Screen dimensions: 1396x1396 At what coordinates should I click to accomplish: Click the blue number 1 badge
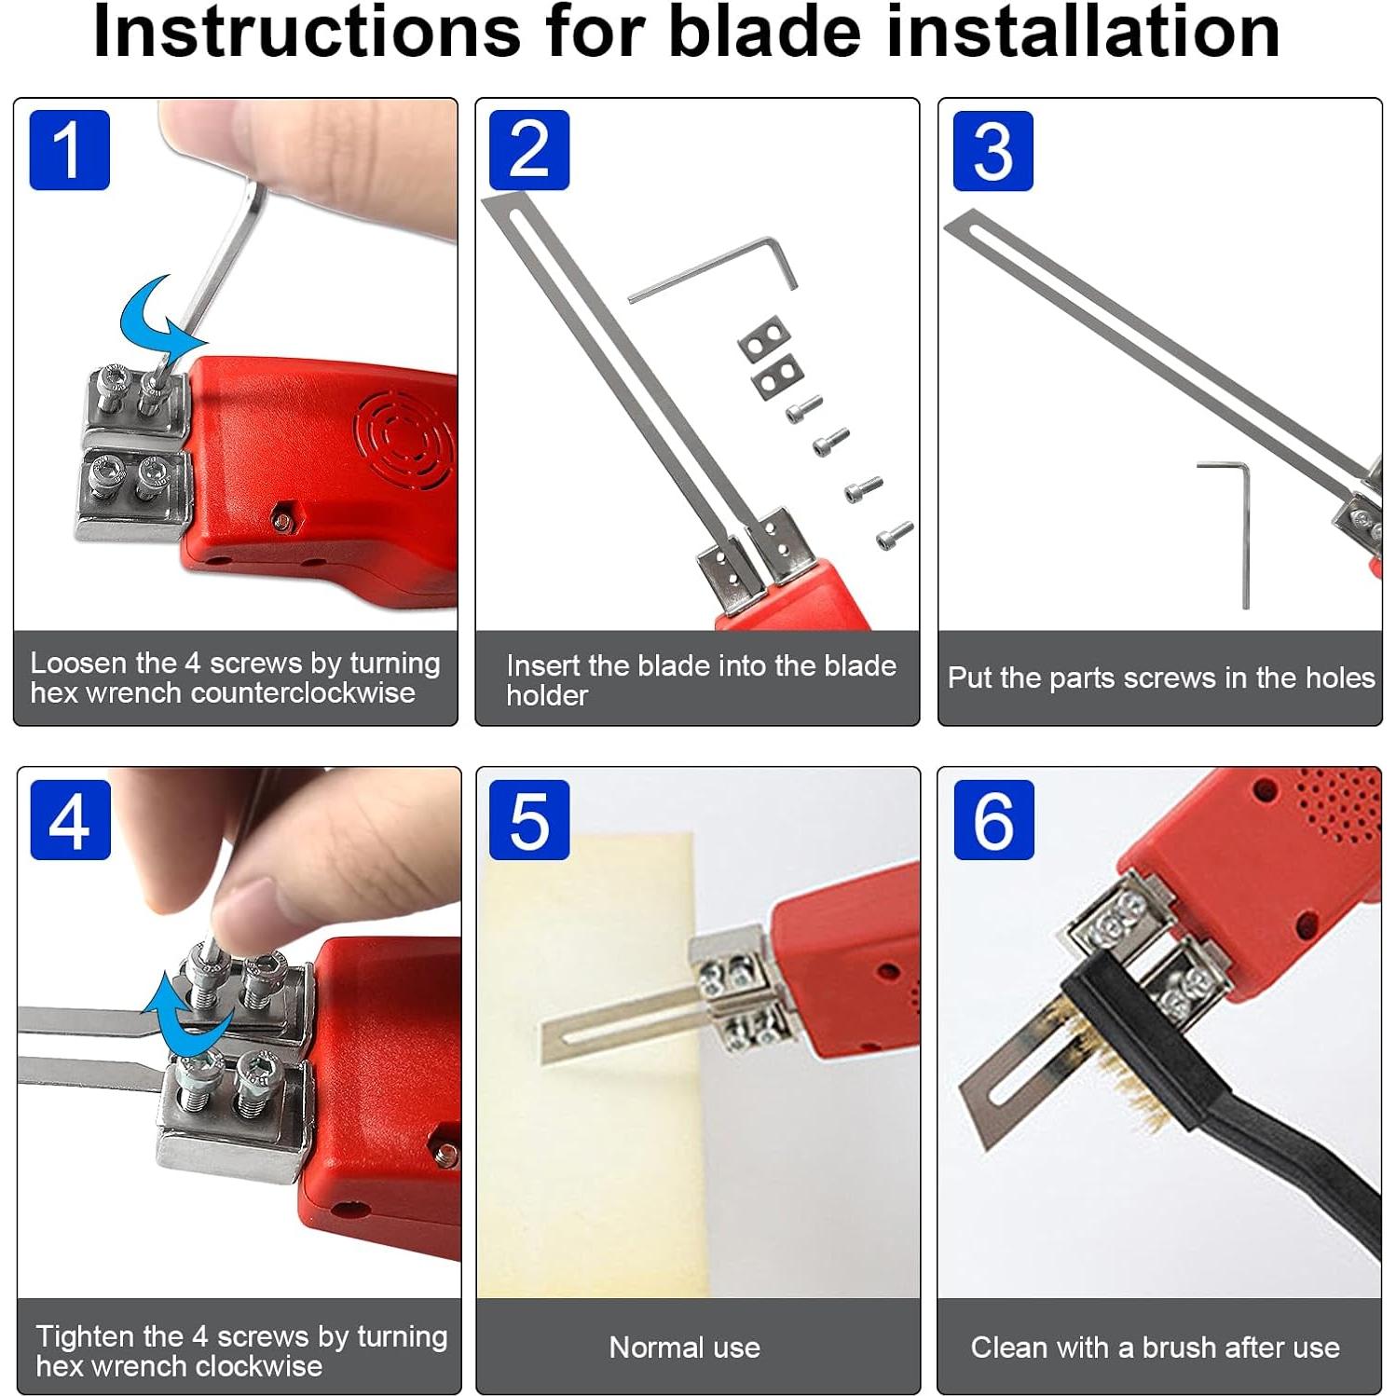point(70,150)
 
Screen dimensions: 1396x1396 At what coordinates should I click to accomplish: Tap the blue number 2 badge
point(529,150)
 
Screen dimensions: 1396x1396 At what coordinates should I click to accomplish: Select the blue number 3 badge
point(992,151)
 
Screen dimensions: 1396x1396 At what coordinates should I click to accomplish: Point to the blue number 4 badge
point(71,820)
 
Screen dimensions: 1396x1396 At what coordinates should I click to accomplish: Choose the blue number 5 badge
point(529,820)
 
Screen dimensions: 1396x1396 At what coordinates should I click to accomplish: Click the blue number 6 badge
point(993,820)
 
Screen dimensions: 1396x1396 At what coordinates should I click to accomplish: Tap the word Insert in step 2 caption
point(543,665)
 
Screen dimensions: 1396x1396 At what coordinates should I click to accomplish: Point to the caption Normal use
point(685,1348)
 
